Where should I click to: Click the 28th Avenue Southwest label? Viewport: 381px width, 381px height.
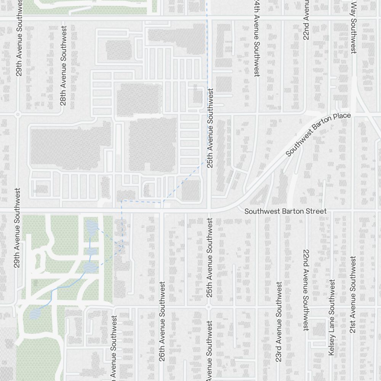[x=63, y=66]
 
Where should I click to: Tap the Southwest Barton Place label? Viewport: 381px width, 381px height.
[x=318, y=134]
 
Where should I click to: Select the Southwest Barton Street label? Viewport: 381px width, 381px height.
[x=285, y=211]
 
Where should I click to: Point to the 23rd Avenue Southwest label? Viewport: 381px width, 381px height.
[x=279, y=322]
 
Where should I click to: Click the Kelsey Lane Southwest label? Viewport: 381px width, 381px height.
[x=331, y=318]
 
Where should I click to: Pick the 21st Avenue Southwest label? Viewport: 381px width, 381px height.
[x=353, y=294]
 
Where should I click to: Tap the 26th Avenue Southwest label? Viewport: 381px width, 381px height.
[x=162, y=321]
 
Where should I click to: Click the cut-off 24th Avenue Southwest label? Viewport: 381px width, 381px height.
[x=257, y=38]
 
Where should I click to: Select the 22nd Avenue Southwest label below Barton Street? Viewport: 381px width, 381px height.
[x=306, y=290]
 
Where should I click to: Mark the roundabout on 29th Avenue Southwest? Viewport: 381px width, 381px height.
[x=18, y=114]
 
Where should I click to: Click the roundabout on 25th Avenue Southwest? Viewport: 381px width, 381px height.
[x=208, y=306]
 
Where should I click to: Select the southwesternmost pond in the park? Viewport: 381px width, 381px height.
[x=35, y=314]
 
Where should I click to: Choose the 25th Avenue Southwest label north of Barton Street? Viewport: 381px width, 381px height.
[x=210, y=128]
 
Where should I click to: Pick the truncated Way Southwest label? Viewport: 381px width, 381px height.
[x=353, y=27]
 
